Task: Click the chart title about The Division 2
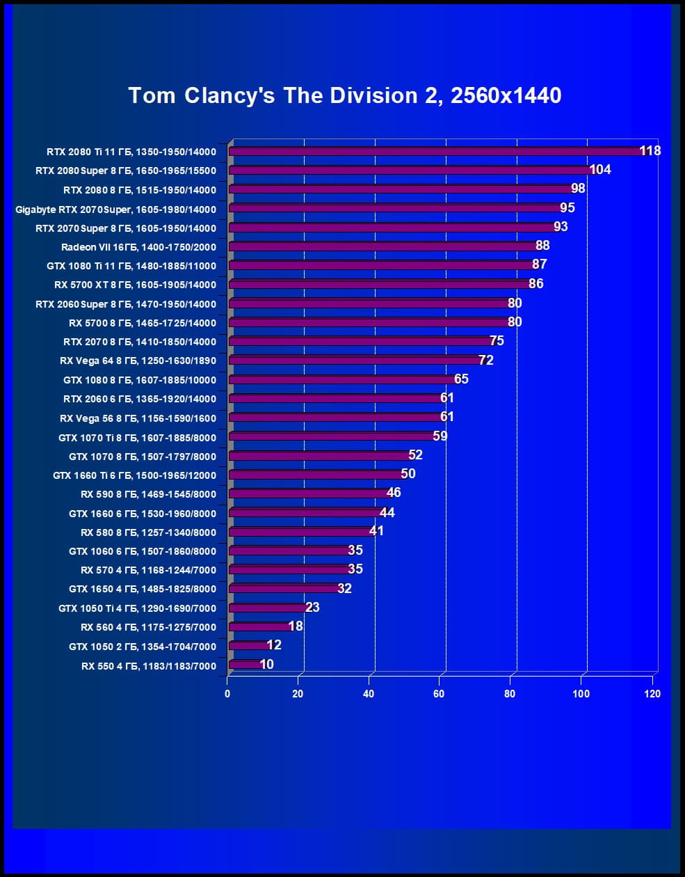pos(344,95)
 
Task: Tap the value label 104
pos(599,169)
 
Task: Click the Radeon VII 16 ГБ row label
pos(138,247)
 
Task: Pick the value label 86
pos(535,283)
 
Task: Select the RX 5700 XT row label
pos(135,285)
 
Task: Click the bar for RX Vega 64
pos(355,360)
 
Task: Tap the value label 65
pos(461,379)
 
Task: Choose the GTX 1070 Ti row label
pos(137,438)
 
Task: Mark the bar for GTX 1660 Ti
pos(316,475)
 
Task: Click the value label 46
pos(394,492)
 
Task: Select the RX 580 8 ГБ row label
pos(148,532)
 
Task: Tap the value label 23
pos(312,607)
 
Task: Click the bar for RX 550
pos(245,664)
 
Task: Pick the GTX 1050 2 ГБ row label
pos(143,647)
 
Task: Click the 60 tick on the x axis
pos(439,693)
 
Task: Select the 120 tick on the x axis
pos(652,693)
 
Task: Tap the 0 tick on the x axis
pos(227,693)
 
